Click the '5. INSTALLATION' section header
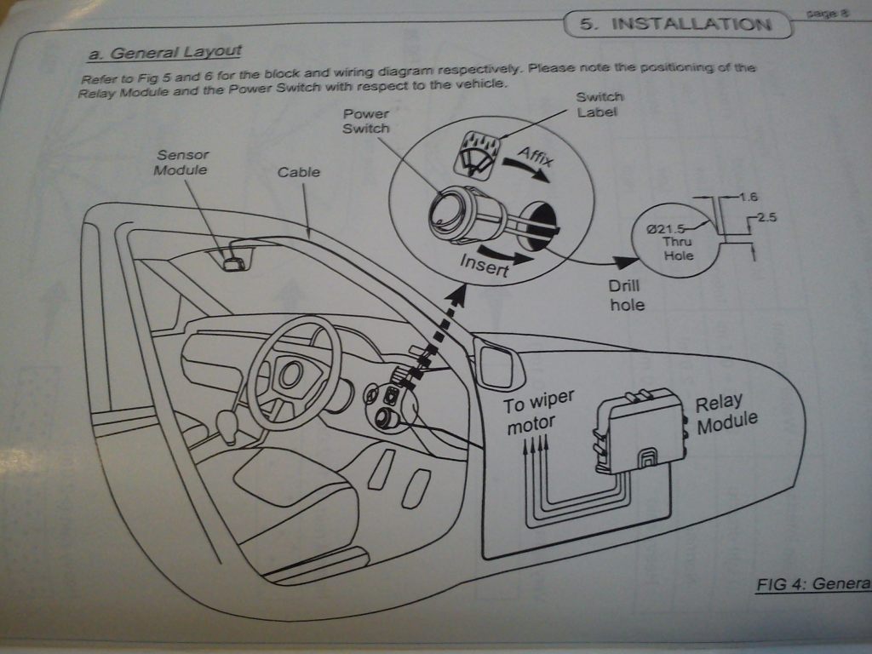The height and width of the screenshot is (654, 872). pyautogui.click(x=677, y=23)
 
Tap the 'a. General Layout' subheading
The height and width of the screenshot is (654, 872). pyautogui.click(x=164, y=53)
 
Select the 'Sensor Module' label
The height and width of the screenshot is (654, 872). pyautogui.click(x=181, y=162)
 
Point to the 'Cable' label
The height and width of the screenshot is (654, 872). pyautogui.click(x=299, y=172)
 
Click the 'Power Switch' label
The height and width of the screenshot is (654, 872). pyautogui.click(x=366, y=121)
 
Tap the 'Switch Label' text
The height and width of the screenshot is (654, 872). pyautogui.click(x=599, y=104)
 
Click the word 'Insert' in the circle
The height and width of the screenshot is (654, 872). pyautogui.click(x=483, y=265)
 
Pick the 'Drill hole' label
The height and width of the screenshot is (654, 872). pyautogui.click(x=628, y=295)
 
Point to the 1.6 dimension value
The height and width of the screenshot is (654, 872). pyautogui.click(x=749, y=198)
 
